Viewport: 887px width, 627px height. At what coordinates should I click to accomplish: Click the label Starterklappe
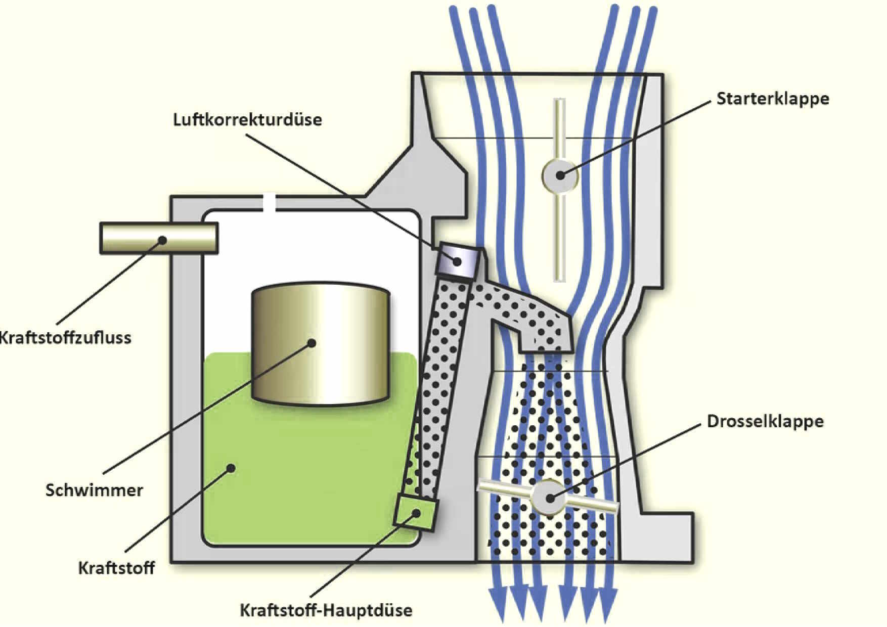(772, 99)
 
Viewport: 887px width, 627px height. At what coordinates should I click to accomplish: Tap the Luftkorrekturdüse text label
(247, 120)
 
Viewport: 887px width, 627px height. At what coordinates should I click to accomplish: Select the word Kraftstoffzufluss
(65, 337)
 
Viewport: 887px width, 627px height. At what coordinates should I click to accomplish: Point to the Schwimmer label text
(94, 490)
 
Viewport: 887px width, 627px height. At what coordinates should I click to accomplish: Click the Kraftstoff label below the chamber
(116, 568)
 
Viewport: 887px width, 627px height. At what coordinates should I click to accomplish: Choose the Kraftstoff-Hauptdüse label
(326, 610)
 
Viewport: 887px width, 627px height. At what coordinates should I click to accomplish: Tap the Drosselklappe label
(765, 421)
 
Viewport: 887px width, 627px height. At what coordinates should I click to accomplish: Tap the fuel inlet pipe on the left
(159, 238)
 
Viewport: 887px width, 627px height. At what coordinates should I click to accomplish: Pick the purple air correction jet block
(458, 261)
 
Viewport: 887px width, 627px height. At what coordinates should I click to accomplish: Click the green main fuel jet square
(415, 512)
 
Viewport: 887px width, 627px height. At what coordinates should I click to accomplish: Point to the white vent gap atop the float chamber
(269, 203)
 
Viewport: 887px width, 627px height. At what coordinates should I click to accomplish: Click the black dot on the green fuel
(231, 468)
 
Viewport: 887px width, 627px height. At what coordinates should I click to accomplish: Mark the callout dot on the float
(312, 343)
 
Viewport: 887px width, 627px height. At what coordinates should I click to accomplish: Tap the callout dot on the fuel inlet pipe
(162, 240)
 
